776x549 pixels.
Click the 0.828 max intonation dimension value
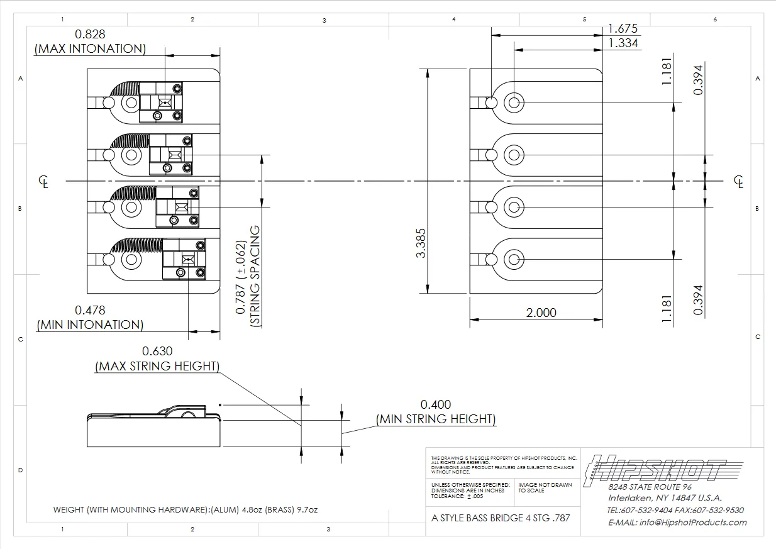[90, 35]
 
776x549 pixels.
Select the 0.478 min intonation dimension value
[90, 310]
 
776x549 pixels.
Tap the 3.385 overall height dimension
[421, 243]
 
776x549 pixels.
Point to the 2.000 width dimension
[541, 313]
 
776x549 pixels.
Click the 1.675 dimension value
[623, 28]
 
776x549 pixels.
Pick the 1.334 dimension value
[623, 43]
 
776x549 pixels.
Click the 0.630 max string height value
[157, 351]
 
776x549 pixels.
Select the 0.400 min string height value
[436, 404]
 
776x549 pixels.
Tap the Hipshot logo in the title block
[662, 469]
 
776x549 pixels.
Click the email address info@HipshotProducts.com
[677, 523]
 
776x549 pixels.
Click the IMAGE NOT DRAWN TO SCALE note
[545, 488]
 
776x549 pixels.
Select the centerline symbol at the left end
[43, 182]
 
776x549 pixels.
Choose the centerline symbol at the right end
[739, 182]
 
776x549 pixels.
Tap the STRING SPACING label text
[255, 275]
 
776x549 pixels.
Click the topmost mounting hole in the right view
[514, 103]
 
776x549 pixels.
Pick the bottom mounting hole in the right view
[514, 260]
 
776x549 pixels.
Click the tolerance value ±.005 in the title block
[475, 496]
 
